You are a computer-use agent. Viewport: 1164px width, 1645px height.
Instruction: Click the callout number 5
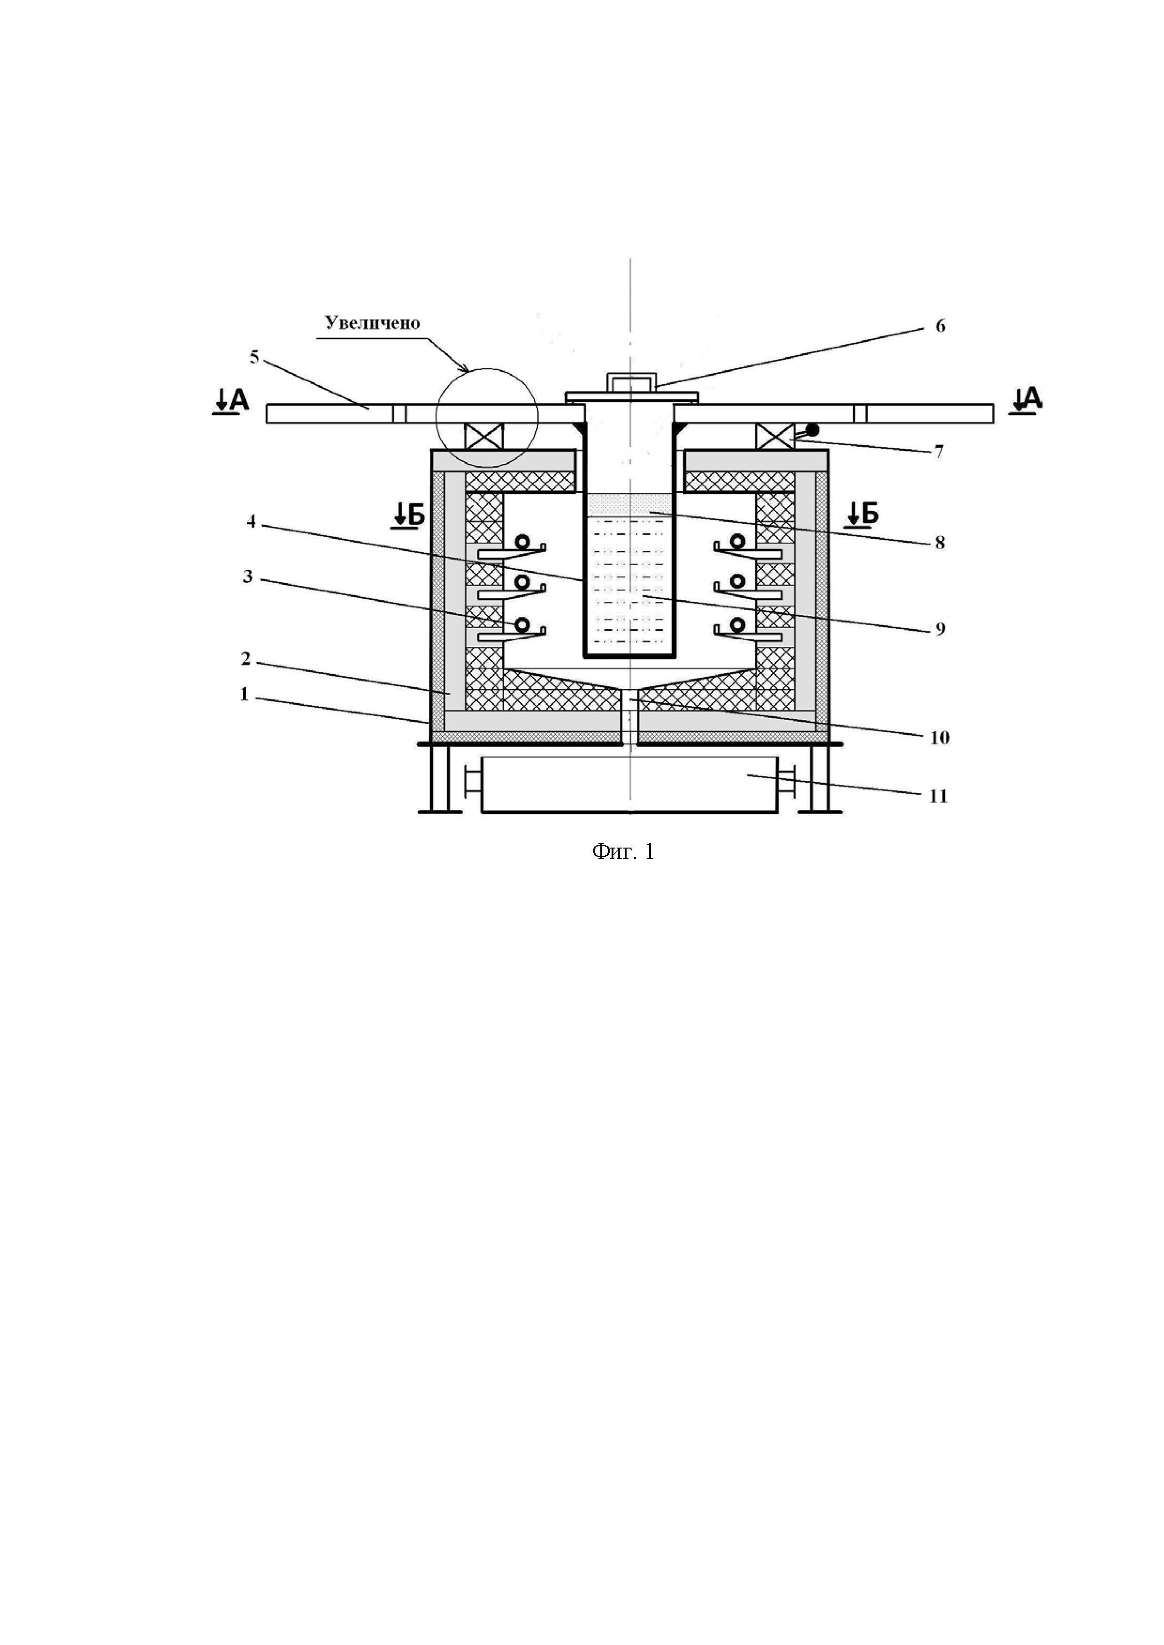click(x=254, y=357)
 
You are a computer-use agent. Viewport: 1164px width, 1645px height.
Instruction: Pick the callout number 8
click(x=940, y=543)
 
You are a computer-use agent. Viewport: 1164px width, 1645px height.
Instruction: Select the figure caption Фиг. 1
click(x=623, y=851)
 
